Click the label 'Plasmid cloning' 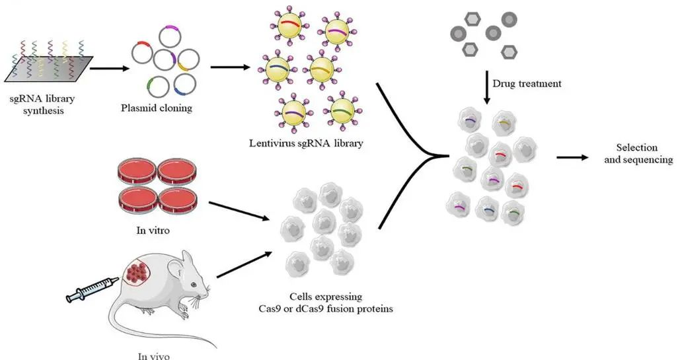point(156,108)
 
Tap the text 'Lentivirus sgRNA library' point(306,143)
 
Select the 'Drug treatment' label point(527,84)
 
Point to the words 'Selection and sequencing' point(638,154)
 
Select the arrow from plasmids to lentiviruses point(230,67)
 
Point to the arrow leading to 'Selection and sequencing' point(572,157)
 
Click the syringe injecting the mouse point(92,290)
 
